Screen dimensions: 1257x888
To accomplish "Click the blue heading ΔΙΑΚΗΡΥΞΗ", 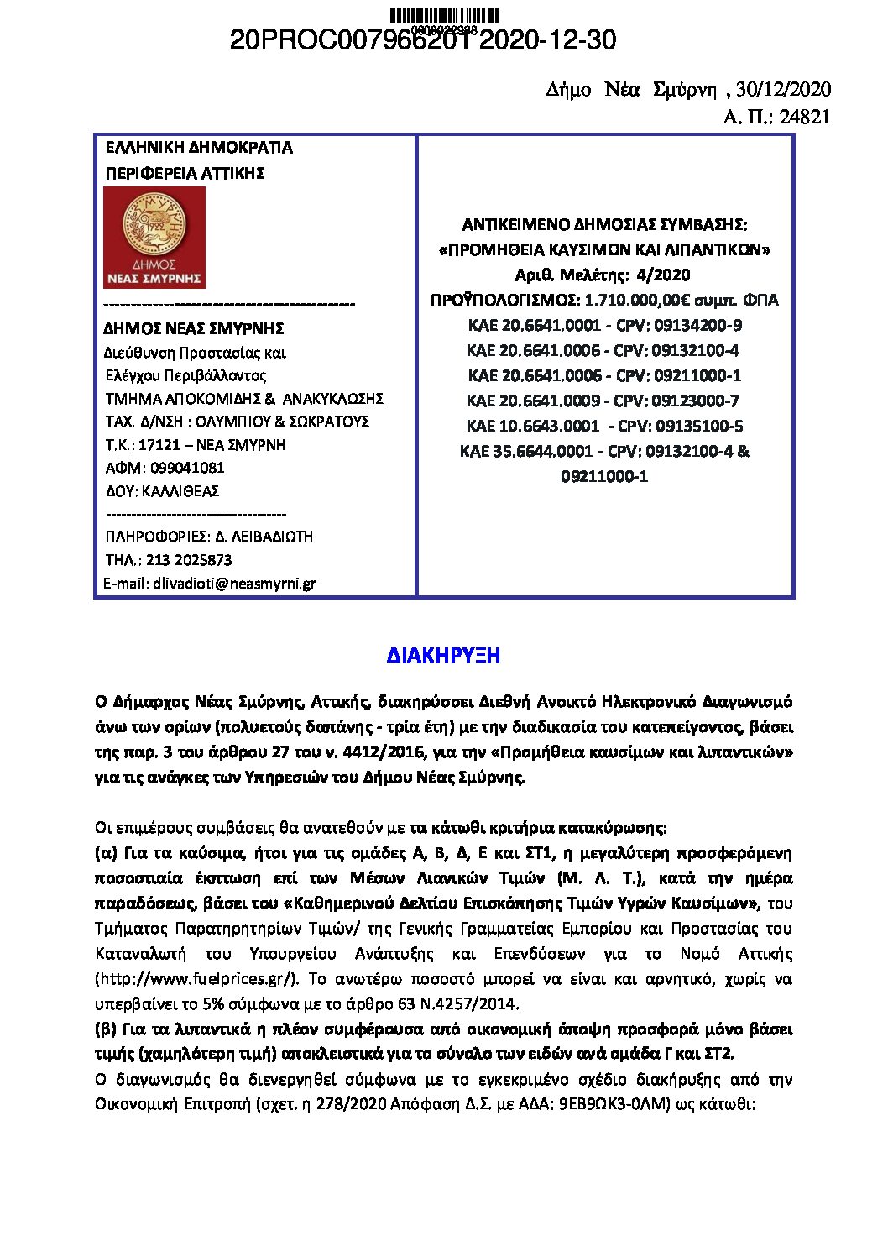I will (x=443, y=657).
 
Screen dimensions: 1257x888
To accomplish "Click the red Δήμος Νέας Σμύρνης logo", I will (x=154, y=238).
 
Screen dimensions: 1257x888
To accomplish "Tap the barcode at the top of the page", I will (x=444, y=14).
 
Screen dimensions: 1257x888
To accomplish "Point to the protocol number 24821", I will (x=804, y=118).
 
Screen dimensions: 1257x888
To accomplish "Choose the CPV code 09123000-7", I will (x=696, y=401).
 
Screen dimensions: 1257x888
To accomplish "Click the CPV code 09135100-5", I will (x=697, y=427).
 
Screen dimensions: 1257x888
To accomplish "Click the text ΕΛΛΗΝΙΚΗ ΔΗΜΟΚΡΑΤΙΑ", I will (x=199, y=148).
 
